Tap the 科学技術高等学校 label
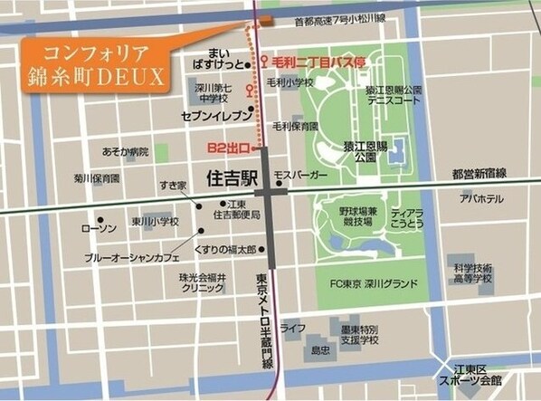point(473,273)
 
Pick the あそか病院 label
point(125,151)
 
